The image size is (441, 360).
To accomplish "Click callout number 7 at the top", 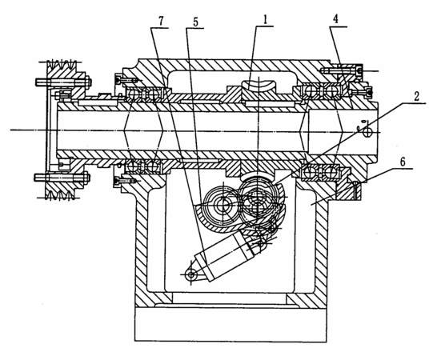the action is coord(161,22).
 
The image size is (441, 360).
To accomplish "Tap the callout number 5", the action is coord(196,22).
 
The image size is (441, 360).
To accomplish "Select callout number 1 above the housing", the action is coord(265,20).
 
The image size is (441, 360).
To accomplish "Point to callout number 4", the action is coord(336,19).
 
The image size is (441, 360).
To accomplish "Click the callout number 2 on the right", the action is coord(416,97).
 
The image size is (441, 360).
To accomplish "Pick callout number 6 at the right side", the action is coord(403,162).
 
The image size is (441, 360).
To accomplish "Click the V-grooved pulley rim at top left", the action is coord(62,66).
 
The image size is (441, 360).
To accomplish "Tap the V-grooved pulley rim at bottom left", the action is coord(60,192).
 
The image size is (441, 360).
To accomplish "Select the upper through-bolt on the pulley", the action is coord(63,82).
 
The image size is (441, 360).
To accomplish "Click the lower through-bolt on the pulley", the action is coord(62,178).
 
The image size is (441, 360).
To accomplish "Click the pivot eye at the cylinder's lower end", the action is coord(191,274).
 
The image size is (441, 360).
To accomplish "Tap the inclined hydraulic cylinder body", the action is coord(225,255).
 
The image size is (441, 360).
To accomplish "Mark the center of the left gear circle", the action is coord(223,204).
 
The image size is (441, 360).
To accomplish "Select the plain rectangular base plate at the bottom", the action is coord(231,324).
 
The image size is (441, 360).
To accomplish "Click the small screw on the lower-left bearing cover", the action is coord(126,181).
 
